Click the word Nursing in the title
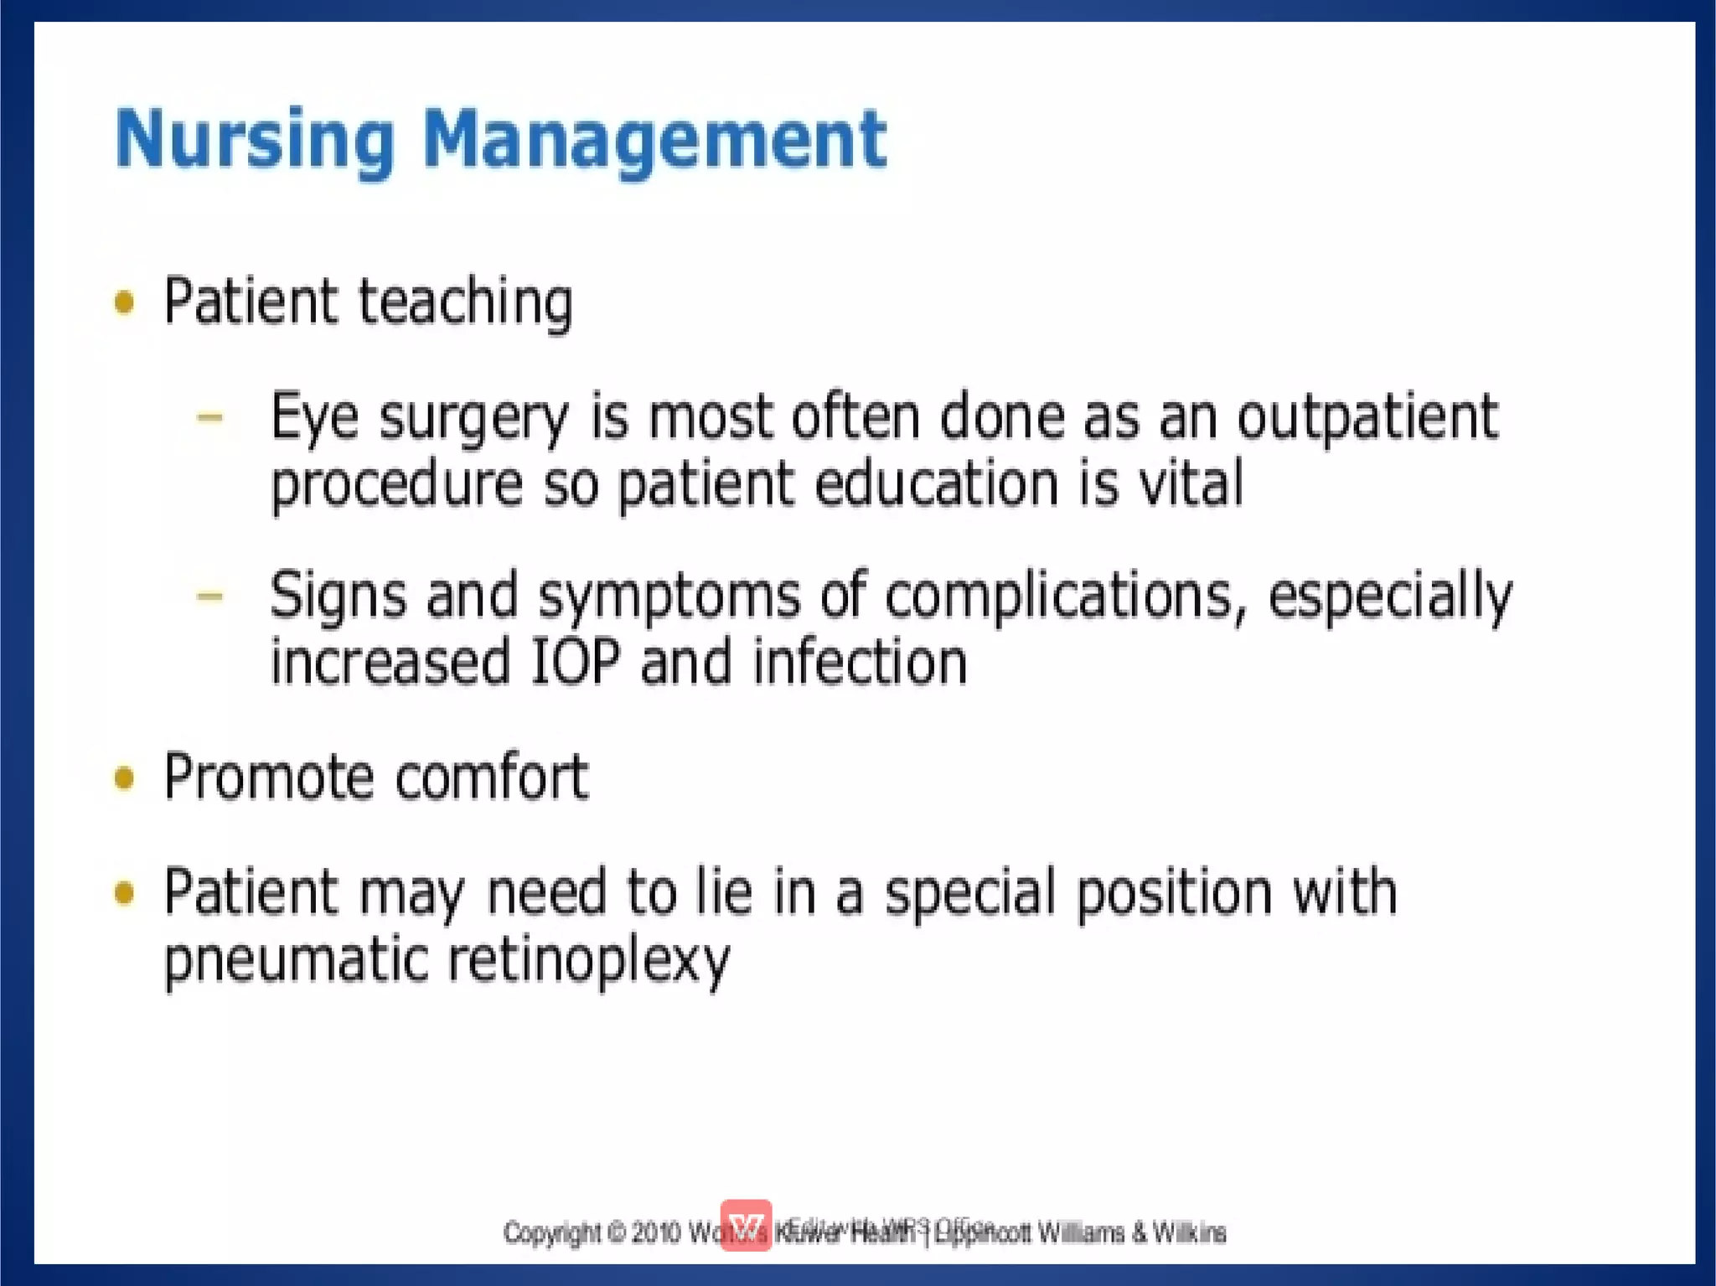coord(253,140)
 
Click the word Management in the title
coord(654,140)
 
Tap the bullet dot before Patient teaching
coord(124,302)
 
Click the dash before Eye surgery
coord(209,416)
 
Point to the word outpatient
coord(1367,416)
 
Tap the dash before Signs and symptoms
coord(209,597)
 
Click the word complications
coord(1059,597)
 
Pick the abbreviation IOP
coord(576,663)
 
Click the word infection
coord(860,663)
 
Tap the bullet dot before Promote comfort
coord(124,778)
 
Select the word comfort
coord(492,778)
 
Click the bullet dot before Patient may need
coord(124,893)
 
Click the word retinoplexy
coord(588,960)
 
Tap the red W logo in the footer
coord(746,1226)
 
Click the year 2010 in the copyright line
coord(655,1233)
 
